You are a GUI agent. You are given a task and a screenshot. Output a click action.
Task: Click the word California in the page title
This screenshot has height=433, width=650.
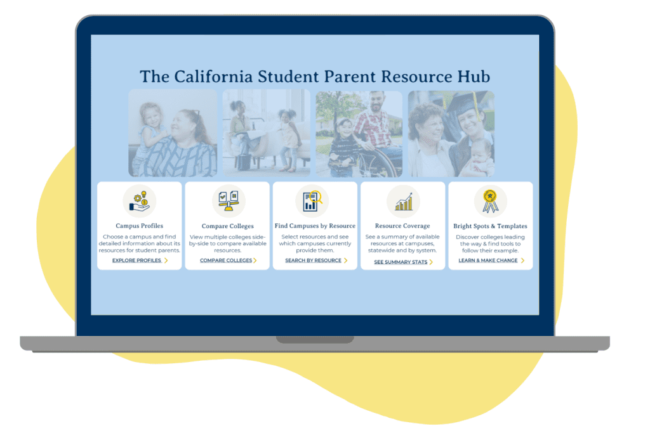pos(213,77)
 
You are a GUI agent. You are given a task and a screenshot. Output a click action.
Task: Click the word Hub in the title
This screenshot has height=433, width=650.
pos(474,77)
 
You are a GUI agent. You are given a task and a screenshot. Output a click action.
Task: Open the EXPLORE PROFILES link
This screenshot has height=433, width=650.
pos(137,261)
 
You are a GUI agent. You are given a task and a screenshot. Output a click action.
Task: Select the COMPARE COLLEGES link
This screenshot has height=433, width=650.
pos(226,261)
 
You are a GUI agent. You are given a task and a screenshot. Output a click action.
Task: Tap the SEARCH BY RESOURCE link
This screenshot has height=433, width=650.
pos(314,261)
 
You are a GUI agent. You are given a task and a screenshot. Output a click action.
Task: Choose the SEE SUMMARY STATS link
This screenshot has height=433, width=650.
pos(401,262)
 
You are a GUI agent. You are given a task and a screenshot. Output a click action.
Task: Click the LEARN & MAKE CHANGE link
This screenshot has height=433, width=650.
pos(488,261)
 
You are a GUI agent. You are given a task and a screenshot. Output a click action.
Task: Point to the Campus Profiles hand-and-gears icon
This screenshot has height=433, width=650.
pos(140,201)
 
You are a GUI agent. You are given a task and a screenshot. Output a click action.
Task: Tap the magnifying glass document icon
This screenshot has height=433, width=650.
pos(312,201)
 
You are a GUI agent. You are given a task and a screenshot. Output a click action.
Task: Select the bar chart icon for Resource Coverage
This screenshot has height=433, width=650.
pos(404,202)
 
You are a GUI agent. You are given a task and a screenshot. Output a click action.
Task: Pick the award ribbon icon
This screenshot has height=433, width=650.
pos(491,201)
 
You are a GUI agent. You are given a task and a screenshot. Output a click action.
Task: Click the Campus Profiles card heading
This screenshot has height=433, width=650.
pos(139,226)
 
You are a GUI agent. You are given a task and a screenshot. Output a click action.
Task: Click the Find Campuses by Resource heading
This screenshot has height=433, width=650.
pos(315,226)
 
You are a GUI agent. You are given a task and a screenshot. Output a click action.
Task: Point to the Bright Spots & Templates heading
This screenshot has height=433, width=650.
pos(491,226)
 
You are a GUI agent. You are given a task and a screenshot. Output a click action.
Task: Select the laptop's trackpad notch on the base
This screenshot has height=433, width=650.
pos(315,340)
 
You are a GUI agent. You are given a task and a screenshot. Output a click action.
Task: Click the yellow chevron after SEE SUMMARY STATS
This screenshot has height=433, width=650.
pos(431,262)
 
